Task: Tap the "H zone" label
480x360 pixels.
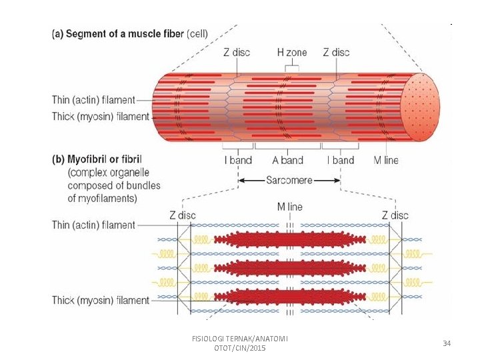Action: click(291, 52)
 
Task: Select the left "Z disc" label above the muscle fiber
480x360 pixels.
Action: click(237, 52)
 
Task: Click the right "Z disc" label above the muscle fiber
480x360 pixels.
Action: click(336, 52)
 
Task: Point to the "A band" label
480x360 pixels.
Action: click(288, 160)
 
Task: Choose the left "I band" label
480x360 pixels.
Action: click(238, 160)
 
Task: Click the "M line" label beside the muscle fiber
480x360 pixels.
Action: click(386, 160)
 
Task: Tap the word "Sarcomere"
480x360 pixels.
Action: click(289, 180)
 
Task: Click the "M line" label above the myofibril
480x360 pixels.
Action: click(289, 207)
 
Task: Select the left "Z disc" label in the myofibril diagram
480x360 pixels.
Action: click(183, 215)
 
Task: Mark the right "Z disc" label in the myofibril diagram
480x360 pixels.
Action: click(395, 215)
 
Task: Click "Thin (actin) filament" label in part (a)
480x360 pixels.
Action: click(93, 101)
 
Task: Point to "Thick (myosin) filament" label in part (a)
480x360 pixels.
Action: click(101, 117)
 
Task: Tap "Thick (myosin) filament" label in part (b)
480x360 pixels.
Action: click(101, 300)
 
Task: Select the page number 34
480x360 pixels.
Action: click(447, 343)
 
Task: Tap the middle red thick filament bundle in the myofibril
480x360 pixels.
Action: click(290, 267)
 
